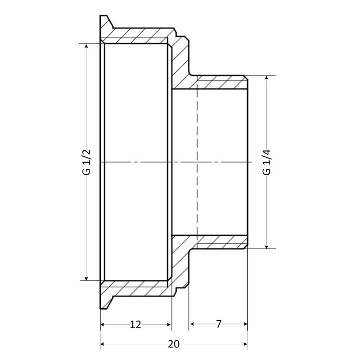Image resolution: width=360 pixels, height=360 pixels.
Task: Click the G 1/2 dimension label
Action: coord(87,162)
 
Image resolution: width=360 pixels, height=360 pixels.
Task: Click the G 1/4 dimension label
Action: coord(267,162)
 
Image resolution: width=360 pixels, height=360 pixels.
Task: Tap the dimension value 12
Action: coord(135,324)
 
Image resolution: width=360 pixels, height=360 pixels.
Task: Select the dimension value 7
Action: coord(219,324)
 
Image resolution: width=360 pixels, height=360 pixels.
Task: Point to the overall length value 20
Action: coord(174,344)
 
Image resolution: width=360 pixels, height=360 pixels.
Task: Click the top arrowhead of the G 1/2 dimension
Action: coord(86,46)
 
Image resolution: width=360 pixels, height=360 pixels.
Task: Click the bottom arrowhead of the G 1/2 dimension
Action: coord(86,279)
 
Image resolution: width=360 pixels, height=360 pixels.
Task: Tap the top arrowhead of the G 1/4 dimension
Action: coord(266,77)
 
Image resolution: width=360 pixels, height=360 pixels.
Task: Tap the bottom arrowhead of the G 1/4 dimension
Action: coord(266,247)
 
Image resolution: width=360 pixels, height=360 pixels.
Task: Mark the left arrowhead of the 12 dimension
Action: coord(103,324)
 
